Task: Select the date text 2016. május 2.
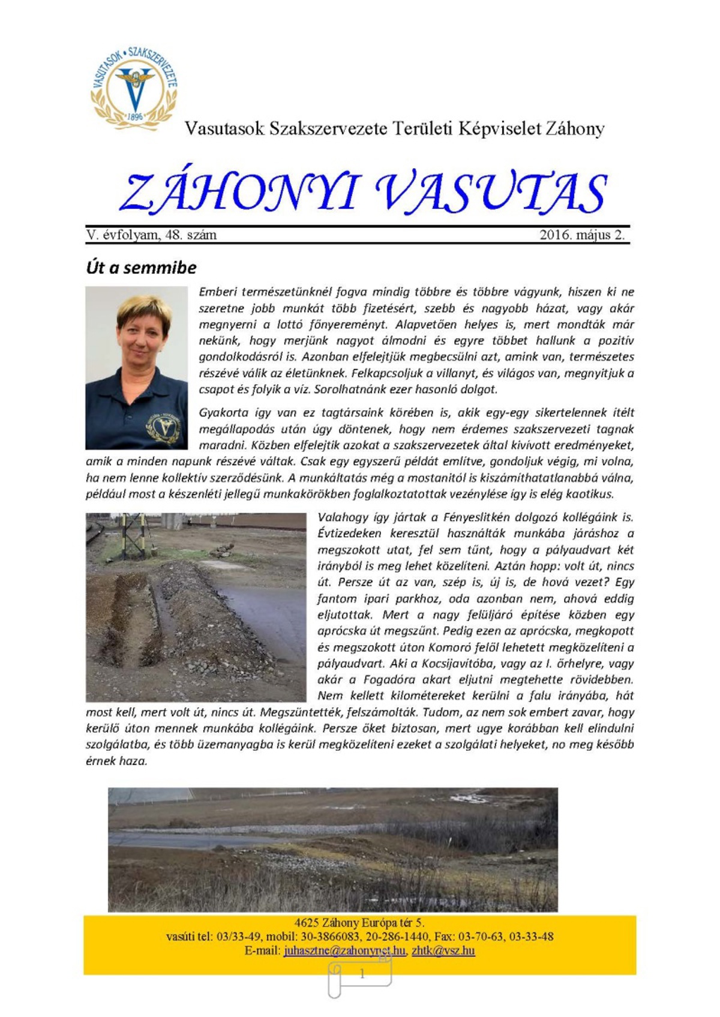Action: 581,235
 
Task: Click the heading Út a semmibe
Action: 142,268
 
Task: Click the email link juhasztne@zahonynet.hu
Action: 345,951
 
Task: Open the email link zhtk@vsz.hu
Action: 443,951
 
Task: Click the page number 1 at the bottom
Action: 362,974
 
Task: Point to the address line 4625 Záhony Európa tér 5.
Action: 359,923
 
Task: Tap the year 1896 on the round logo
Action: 135,116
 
